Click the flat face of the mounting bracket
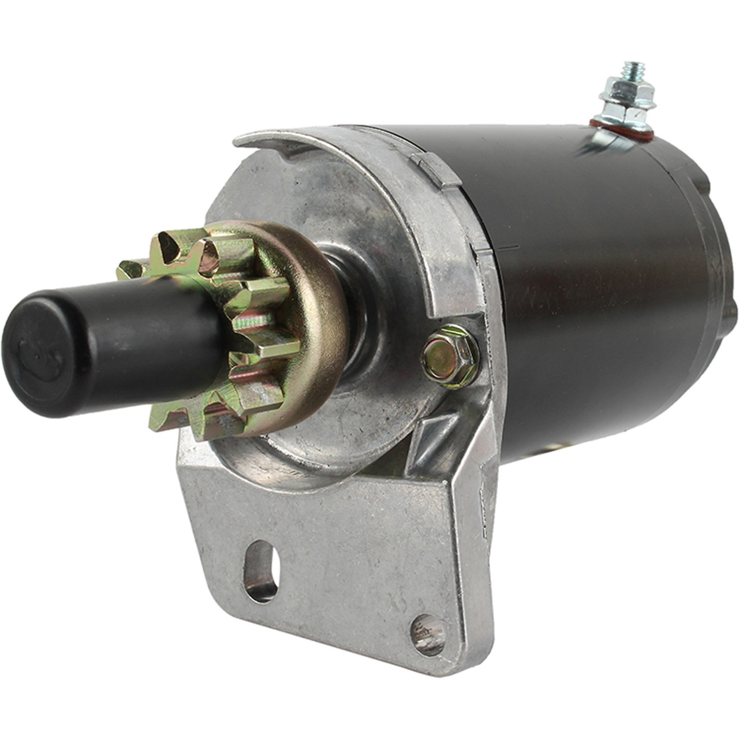point(346,554)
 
